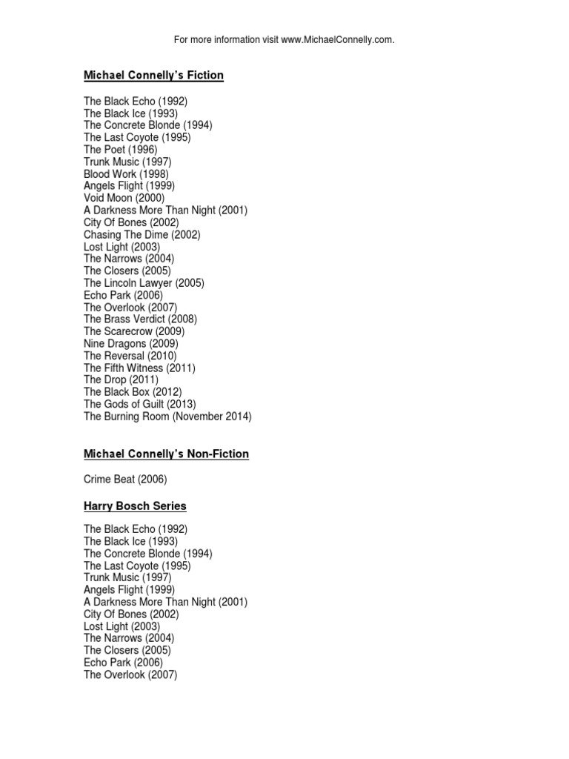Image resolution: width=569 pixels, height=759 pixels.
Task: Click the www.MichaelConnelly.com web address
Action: point(337,39)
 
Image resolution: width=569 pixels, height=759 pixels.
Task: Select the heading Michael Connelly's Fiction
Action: point(153,76)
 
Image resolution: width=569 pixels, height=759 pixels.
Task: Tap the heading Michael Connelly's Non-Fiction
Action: point(166,454)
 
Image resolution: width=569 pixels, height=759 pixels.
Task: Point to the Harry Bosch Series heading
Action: point(135,506)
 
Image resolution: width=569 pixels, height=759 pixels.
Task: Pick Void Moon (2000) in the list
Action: point(124,198)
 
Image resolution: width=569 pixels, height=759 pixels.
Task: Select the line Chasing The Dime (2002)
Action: point(142,234)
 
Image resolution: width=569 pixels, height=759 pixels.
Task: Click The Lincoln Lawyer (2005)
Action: point(144,283)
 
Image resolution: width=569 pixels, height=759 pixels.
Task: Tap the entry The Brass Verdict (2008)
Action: point(140,319)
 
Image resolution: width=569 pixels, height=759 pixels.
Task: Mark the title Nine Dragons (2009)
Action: point(130,344)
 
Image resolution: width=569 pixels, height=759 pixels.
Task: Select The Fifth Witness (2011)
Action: point(139,368)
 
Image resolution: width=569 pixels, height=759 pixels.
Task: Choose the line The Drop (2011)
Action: point(121,379)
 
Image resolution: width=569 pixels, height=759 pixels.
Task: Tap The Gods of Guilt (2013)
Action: point(139,404)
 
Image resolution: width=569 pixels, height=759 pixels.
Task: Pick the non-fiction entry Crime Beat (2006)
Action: point(124,480)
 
